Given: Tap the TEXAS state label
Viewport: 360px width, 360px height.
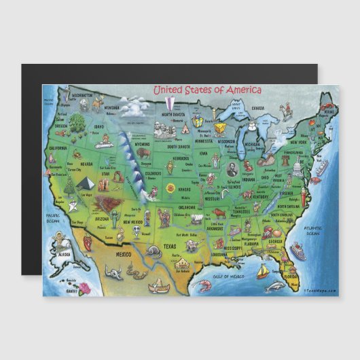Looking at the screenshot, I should (170, 247).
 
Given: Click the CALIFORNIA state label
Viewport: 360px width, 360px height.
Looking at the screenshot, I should (57, 147).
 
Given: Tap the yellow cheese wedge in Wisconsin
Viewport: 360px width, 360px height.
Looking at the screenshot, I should (220, 128).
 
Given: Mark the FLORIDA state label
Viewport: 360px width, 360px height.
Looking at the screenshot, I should (290, 278).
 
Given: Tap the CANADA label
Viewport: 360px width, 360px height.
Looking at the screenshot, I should (258, 108).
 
